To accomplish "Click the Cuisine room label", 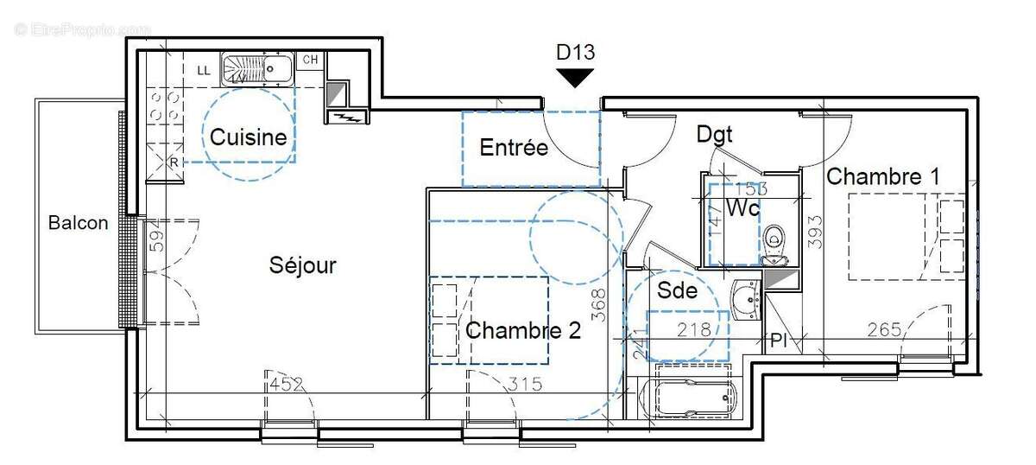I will point(249,137).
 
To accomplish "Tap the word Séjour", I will point(302,265).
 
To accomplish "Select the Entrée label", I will point(514,148).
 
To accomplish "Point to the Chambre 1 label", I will point(883,176).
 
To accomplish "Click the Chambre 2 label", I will point(523,330).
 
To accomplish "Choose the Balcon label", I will point(79,223).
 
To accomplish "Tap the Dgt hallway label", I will point(715,134).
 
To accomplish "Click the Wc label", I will point(742,208).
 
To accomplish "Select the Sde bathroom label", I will point(677,290).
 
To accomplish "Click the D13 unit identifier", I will point(575,52).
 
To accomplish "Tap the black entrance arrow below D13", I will point(575,79).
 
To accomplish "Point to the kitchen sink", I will point(259,67).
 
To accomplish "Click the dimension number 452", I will point(287,385).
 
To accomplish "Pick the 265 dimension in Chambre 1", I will point(884,329).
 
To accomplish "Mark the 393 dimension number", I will point(815,232).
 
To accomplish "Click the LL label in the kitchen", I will point(204,70).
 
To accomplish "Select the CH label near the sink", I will point(310,61).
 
